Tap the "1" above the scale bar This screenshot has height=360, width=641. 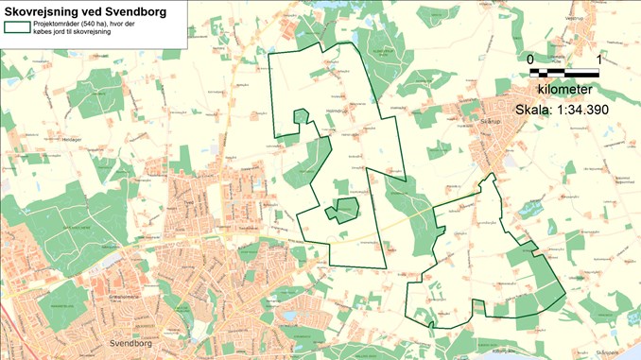click(x=598, y=59)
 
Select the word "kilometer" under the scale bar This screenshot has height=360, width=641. click(x=564, y=90)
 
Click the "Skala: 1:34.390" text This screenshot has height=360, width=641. click(x=562, y=110)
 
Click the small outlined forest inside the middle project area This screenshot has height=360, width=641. click(x=343, y=210)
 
